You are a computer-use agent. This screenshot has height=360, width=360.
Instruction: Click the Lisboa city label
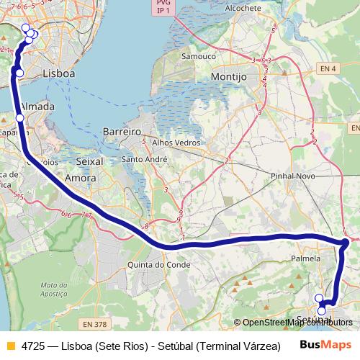(59, 73)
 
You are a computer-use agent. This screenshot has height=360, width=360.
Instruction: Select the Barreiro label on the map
(121, 132)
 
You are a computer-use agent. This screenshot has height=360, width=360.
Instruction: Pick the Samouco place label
(198, 55)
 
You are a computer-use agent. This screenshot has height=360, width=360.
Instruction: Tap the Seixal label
(89, 161)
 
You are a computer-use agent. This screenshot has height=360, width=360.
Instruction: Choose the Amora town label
(80, 177)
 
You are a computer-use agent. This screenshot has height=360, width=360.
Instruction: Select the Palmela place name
(305, 258)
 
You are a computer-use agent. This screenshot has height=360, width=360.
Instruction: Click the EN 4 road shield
(328, 68)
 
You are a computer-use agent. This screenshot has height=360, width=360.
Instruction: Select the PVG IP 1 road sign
(163, 8)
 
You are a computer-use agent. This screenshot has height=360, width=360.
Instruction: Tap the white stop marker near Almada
(19, 117)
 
